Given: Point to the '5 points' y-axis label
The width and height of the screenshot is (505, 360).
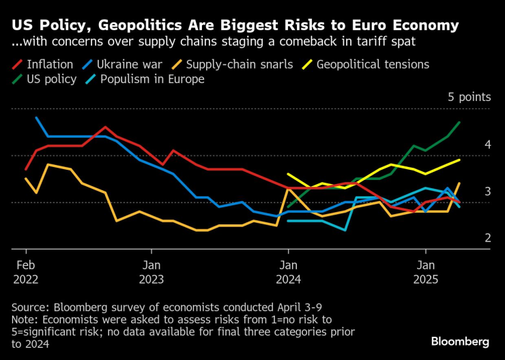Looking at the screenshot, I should pyautogui.click(x=469, y=97).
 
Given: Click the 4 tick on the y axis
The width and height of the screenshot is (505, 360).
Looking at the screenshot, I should pyautogui.click(x=488, y=145).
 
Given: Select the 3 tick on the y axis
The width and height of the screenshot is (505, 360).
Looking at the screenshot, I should pyautogui.click(x=488, y=192).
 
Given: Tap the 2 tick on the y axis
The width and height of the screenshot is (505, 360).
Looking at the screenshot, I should pyautogui.click(x=488, y=238).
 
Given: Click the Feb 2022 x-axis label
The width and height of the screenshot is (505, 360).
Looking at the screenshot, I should pyautogui.click(x=26, y=271).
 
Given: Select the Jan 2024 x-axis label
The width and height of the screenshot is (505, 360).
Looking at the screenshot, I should pyautogui.click(x=287, y=271).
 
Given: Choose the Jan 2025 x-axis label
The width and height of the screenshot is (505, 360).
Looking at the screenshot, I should pyautogui.click(x=426, y=271).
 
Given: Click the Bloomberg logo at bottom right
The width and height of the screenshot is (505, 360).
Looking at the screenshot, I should pyautogui.click(x=460, y=341).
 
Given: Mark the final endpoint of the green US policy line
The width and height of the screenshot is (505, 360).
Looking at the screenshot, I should pyautogui.click(x=459, y=123).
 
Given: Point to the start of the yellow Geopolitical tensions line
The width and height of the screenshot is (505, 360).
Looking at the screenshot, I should pyautogui.click(x=288, y=174).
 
